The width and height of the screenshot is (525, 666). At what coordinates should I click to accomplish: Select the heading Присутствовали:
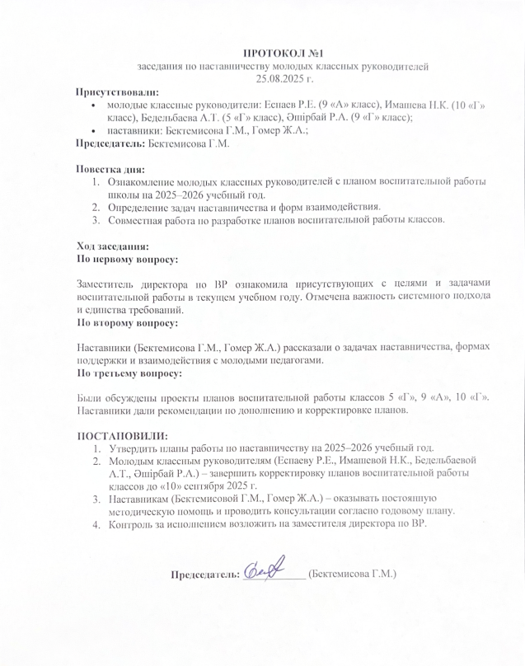[117, 92]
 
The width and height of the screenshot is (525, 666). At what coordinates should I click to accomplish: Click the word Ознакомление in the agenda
[143, 182]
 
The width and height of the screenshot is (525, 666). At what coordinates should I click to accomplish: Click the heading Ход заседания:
[112, 246]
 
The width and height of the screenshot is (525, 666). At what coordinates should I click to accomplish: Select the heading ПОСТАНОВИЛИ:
[122, 435]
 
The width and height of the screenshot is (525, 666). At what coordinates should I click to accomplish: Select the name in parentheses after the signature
[352, 573]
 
